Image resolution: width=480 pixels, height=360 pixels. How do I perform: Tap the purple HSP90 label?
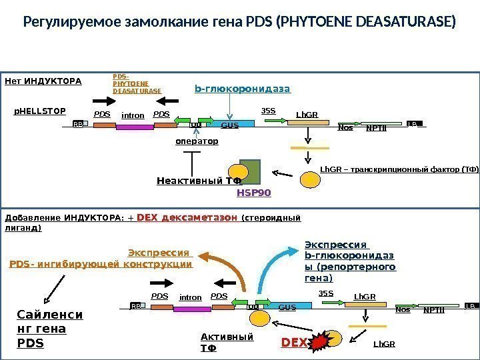[x=255, y=193]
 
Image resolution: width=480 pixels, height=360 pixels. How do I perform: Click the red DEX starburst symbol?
[x=319, y=341]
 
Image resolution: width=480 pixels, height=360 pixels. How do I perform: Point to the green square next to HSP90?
[x=252, y=172]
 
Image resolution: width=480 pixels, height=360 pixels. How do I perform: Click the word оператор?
[x=197, y=141]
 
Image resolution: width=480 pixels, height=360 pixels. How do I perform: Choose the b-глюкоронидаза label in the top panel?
[x=243, y=88]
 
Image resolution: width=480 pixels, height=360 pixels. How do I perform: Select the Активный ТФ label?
[x=227, y=342]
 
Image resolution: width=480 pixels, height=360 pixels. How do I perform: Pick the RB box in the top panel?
[x=79, y=124]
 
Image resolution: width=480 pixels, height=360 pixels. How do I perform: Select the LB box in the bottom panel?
[x=471, y=305]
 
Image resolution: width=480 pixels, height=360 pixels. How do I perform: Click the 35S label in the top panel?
[x=268, y=111]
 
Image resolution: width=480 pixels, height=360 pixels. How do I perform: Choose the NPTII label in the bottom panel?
[x=433, y=309]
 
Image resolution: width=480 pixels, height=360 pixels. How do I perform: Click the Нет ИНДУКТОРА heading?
[x=43, y=82]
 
